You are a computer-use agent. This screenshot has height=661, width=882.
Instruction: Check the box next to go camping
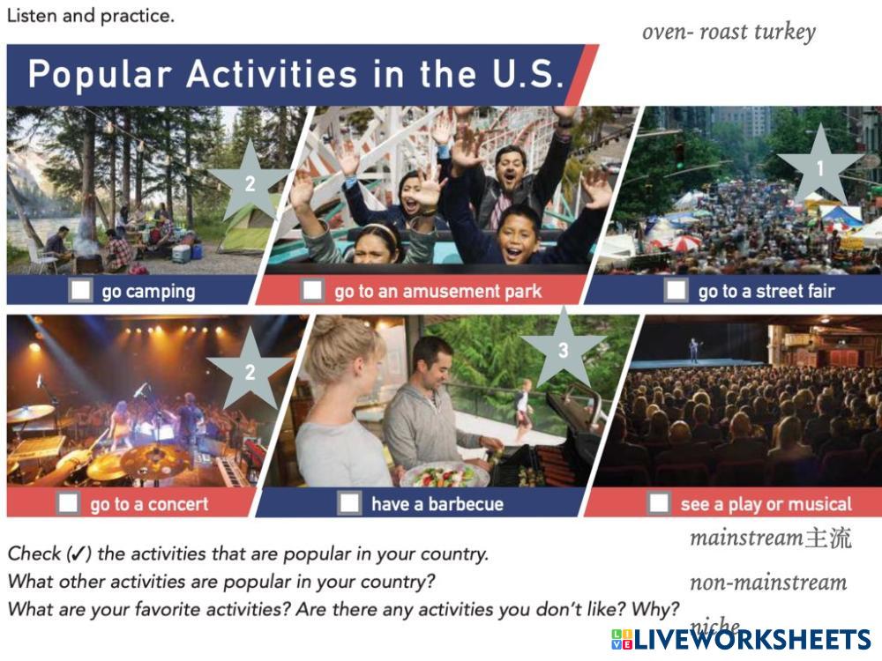click(80, 291)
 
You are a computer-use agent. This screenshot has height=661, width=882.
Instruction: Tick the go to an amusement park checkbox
click(312, 291)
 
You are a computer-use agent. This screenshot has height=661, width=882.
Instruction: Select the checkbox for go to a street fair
click(676, 291)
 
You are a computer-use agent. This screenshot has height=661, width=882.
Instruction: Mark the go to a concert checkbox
click(69, 503)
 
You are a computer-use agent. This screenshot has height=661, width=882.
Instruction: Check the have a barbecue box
click(348, 503)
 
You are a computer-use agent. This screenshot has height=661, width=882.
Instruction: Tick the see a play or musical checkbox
click(659, 503)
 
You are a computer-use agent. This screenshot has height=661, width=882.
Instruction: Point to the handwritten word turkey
click(785, 33)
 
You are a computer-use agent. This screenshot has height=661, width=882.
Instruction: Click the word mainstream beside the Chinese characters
click(746, 538)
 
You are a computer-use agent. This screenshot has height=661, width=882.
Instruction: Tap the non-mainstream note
click(768, 583)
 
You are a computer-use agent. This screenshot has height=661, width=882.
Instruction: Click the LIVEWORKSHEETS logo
click(741, 640)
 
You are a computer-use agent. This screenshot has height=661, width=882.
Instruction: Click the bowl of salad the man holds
click(445, 476)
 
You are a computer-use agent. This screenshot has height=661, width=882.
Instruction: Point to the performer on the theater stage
click(695, 349)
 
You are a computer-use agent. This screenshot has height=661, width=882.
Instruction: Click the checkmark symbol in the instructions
click(78, 554)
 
